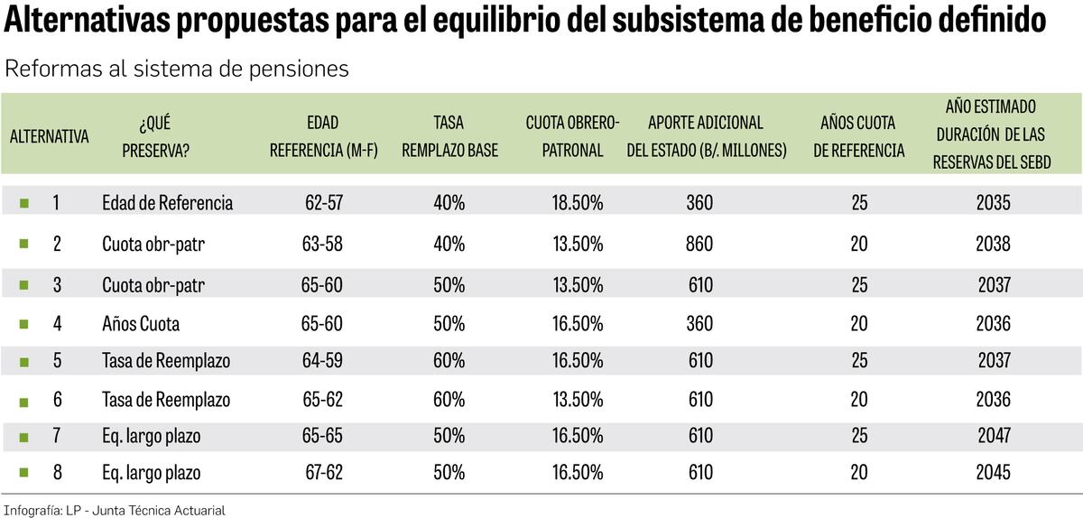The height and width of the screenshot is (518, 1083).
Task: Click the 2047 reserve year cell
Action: click(x=993, y=437)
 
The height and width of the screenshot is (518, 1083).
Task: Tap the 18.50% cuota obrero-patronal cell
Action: click(x=578, y=203)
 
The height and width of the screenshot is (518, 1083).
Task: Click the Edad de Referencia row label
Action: click(x=167, y=203)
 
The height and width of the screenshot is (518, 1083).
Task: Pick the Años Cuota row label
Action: click(x=141, y=323)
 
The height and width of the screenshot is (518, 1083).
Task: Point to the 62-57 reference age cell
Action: click(x=323, y=203)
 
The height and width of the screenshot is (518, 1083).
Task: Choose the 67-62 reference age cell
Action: click(x=323, y=472)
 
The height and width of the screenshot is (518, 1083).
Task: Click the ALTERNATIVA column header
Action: click(x=50, y=137)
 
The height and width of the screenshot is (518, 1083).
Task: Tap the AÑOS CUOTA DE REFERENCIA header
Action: click(x=858, y=137)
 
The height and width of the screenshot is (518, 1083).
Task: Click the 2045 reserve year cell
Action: click(x=993, y=472)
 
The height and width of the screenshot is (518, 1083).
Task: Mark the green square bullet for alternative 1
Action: click(x=24, y=203)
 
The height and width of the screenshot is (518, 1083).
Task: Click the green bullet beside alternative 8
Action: click(x=24, y=472)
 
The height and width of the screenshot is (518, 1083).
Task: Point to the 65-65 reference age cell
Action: click(x=323, y=437)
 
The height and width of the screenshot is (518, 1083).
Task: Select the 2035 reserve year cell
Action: click(x=993, y=203)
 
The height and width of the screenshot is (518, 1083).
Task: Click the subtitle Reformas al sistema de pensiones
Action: click(x=177, y=69)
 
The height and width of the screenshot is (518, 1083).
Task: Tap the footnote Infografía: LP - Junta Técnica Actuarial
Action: click(x=114, y=510)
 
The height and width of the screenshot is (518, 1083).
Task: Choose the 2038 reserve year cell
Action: click(x=993, y=244)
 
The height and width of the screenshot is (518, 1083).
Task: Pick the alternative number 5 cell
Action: click(x=56, y=361)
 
